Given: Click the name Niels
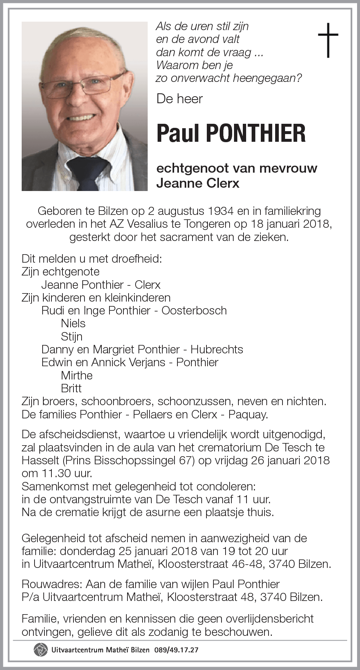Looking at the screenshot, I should pos(73,324).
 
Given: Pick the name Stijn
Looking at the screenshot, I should pos(72,336).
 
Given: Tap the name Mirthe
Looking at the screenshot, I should pos(77,375).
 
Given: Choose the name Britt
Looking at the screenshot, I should pos(71,388).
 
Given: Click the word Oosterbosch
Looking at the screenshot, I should pos(194,311).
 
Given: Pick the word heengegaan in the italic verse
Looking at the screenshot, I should pos(265,78).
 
